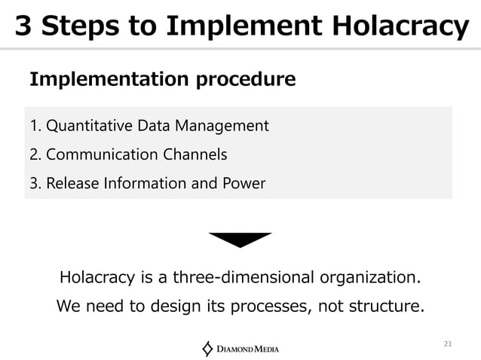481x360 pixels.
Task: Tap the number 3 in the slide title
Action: (x=24, y=26)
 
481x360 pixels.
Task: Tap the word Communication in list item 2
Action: (x=103, y=154)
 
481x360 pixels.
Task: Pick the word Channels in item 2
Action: (x=195, y=154)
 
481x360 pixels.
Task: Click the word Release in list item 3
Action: (x=69, y=183)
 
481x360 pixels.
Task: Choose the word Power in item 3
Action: (x=244, y=183)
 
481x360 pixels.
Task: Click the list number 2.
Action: (x=33, y=154)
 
